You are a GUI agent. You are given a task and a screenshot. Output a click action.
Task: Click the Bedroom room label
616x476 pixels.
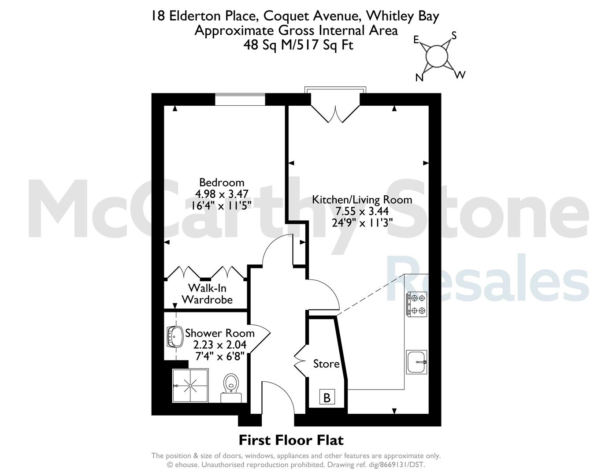(222, 182)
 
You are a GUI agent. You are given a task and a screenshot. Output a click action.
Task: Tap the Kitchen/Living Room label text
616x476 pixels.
(362, 200)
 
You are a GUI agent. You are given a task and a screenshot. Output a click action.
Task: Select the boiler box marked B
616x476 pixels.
(327, 397)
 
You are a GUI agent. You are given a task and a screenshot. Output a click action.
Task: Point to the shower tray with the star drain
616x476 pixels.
(190, 385)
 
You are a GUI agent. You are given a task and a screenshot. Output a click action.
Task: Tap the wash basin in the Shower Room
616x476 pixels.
(175, 337)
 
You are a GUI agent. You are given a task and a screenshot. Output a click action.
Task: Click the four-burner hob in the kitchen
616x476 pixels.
(417, 304)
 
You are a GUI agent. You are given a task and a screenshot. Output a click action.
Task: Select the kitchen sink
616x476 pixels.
(416, 362)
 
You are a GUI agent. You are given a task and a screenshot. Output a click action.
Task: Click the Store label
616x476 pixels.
(326, 364)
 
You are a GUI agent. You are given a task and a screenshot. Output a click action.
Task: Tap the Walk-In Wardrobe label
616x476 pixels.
(207, 294)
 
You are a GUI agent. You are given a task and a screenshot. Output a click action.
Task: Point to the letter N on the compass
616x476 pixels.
(419, 77)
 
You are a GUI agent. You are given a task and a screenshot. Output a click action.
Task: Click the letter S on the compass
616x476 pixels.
(454, 36)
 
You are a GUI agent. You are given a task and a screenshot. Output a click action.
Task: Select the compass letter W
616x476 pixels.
(460, 75)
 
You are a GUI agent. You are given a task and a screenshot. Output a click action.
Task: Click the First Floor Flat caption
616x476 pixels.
(291, 440)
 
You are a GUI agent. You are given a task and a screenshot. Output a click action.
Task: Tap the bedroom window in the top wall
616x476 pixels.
(240, 100)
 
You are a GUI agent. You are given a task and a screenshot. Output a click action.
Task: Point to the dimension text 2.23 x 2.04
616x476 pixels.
(220, 345)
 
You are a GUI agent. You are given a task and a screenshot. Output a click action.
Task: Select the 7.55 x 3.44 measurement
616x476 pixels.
(362, 211)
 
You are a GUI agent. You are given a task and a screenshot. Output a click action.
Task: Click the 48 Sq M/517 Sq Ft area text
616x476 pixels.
(298, 45)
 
